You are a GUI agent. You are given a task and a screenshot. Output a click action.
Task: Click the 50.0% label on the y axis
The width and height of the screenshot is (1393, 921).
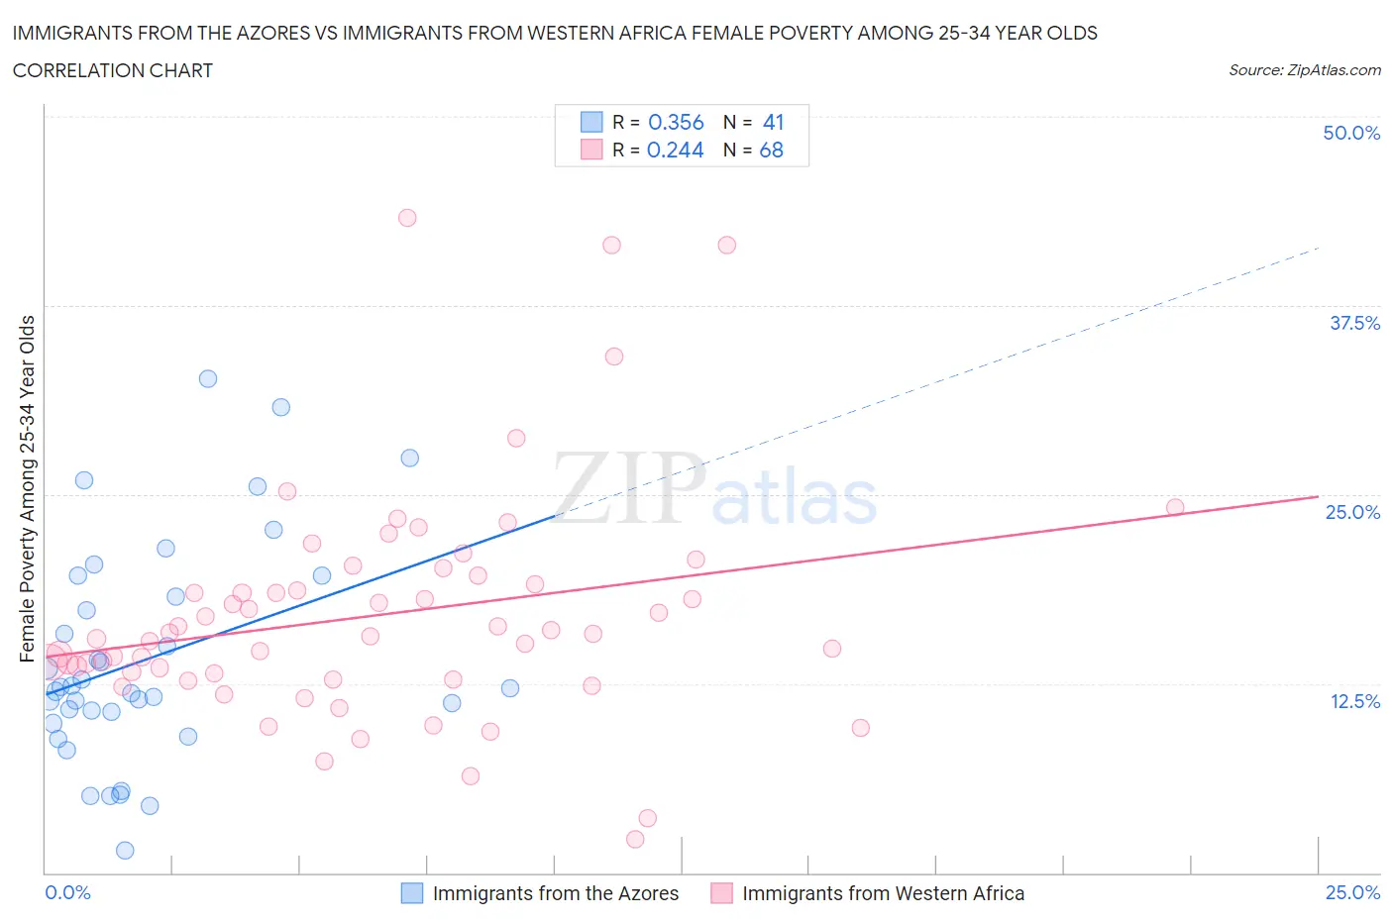(1351, 133)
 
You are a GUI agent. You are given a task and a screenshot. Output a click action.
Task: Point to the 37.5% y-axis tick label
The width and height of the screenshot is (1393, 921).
(1354, 323)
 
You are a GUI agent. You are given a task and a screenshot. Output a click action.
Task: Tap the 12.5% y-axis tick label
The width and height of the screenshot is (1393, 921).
(1354, 701)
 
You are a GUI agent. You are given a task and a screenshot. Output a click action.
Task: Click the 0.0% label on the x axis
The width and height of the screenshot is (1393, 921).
(67, 892)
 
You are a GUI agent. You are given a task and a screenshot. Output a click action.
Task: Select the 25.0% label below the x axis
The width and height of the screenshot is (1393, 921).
(1352, 892)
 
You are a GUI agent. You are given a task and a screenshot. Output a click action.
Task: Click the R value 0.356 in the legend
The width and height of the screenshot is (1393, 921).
(676, 122)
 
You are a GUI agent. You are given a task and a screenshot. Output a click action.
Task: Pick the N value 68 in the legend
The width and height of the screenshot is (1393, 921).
(771, 150)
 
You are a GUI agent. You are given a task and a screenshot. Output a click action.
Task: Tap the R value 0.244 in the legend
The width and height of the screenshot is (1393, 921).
(676, 150)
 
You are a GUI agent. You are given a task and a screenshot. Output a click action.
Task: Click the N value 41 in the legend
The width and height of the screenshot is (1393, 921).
(773, 122)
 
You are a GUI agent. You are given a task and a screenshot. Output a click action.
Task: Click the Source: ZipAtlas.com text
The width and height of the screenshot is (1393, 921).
(1304, 70)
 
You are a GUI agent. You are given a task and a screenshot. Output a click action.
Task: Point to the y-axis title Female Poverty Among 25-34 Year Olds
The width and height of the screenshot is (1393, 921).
(28, 488)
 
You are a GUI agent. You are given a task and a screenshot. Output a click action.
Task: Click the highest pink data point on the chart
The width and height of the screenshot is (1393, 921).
(407, 218)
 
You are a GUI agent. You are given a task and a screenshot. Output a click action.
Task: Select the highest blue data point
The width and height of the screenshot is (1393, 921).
(208, 378)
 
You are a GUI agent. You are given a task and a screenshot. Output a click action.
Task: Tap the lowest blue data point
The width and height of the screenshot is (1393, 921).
(125, 850)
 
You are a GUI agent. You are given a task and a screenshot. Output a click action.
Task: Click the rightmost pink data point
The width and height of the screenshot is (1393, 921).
(1175, 507)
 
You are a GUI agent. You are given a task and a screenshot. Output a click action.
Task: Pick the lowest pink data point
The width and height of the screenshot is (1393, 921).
(635, 839)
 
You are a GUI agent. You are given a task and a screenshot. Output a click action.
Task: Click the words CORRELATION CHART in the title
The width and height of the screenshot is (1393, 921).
(113, 70)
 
